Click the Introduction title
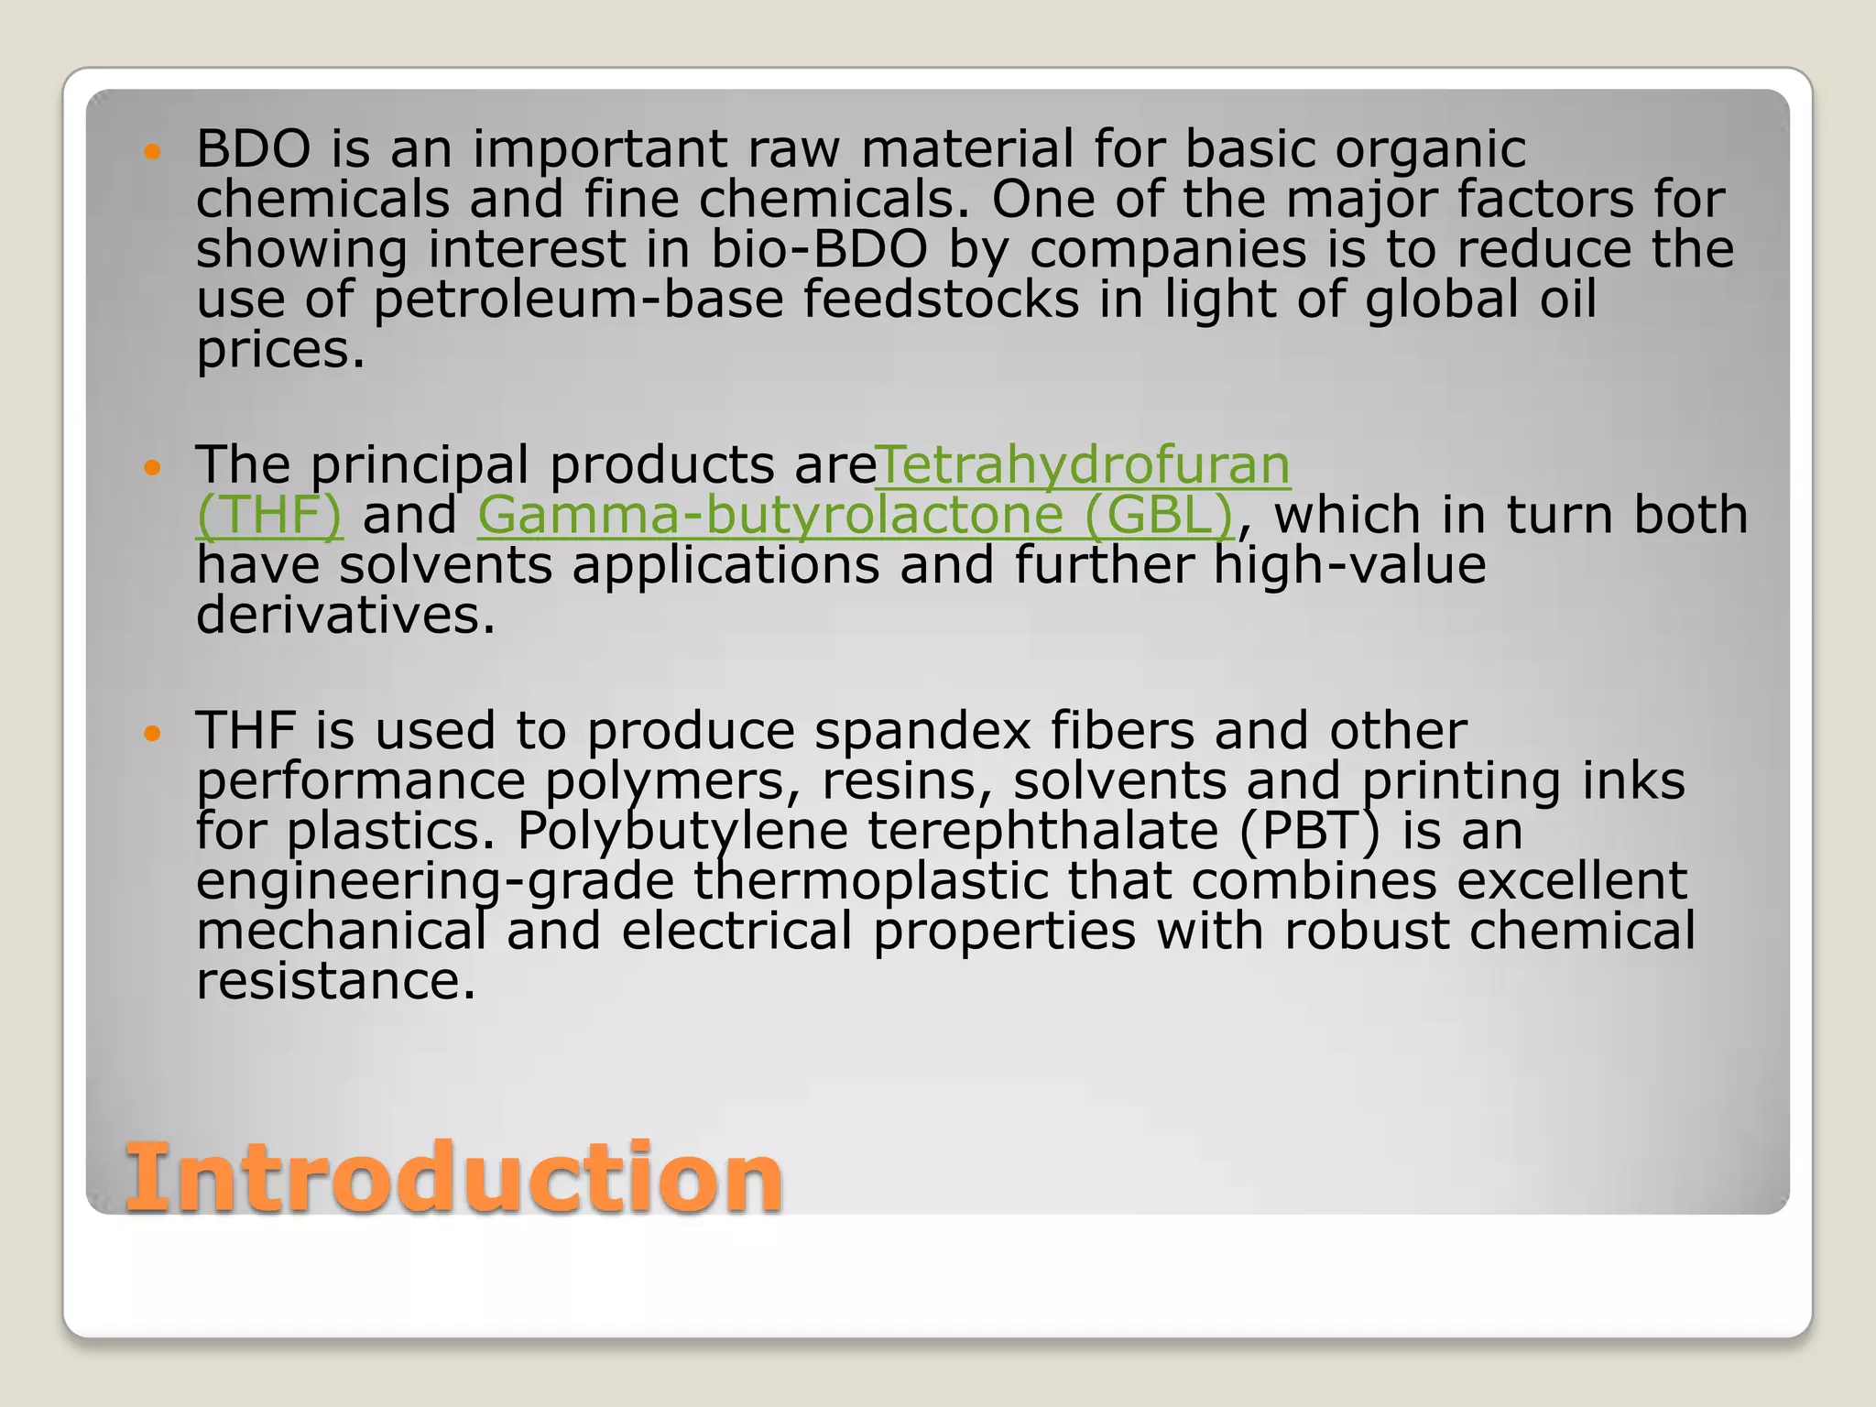point(453,1178)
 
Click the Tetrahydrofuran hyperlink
point(1084,465)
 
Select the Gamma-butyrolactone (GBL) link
point(856,515)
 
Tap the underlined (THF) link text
point(269,515)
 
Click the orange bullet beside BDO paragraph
point(152,150)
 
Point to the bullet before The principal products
point(152,467)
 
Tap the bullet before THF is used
point(152,733)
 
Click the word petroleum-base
point(578,300)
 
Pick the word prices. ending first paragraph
point(280,350)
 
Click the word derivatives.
point(345,615)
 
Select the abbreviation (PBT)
point(1309,831)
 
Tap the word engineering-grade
point(435,881)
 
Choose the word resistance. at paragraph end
point(336,981)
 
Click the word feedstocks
point(941,300)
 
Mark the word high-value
point(1349,565)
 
